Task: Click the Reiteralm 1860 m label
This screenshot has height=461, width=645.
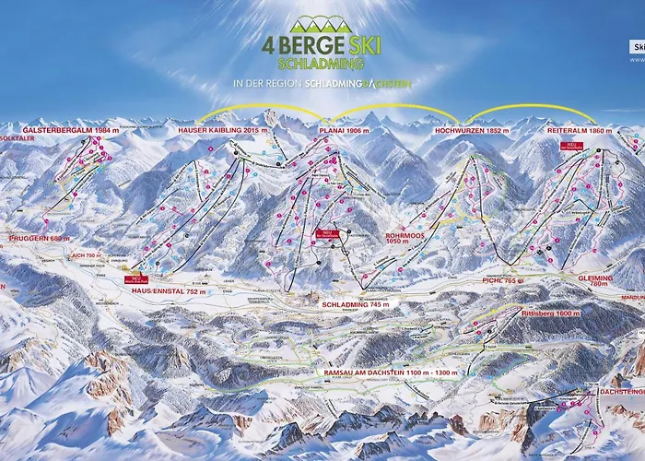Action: tap(580, 131)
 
